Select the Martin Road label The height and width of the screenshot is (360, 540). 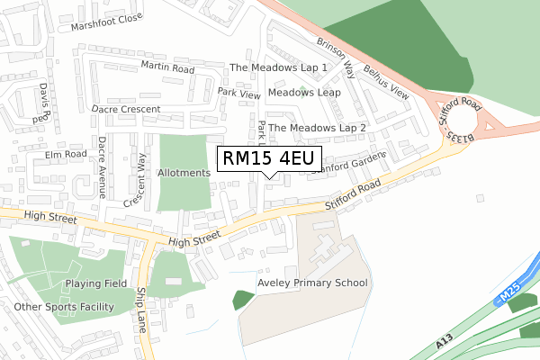click(x=167, y=67)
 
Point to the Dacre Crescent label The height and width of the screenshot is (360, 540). click(x=126, y=109)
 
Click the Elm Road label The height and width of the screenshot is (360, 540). click(x=66, y=154)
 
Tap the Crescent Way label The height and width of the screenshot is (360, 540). click(x=135, y=180)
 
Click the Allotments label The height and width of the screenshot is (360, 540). click(x=184, y=172)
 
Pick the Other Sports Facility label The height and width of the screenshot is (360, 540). click(x=64, y=307)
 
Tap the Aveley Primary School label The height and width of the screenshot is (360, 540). click(x=312, y=283)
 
